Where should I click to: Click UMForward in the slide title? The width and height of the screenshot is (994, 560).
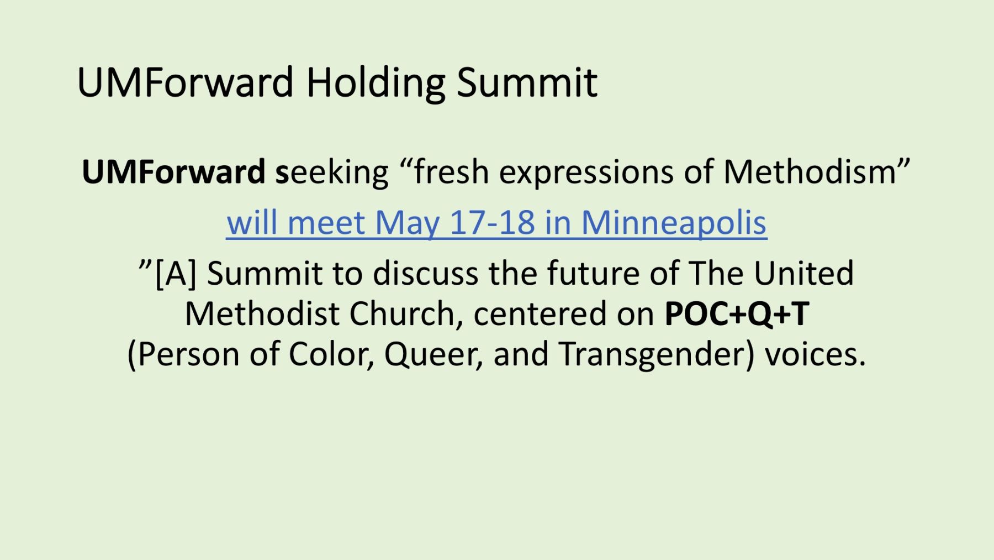tap(186, 82)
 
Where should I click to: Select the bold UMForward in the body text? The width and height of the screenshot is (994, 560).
tap(173, 172)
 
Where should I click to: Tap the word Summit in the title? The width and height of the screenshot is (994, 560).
tap(527, 82)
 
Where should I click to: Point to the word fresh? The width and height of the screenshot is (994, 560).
tap(451, 171)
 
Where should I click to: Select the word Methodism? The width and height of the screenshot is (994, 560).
tap(810, 171)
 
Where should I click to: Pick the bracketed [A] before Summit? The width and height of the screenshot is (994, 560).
tap(176, 274)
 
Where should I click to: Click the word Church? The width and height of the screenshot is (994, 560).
tap(401, 314)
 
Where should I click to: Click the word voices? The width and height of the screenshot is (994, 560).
tap(815, 354)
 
